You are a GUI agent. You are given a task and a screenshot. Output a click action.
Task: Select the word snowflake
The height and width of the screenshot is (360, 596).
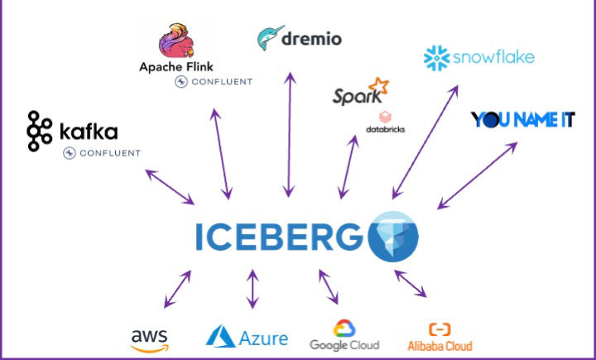coord(493,57)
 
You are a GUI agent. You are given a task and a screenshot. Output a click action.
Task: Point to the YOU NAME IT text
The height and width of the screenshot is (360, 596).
coord(522,120)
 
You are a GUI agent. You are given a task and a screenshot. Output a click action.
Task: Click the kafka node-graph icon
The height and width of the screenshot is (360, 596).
coord(39,130)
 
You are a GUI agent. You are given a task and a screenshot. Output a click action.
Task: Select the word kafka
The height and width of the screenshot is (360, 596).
coord(89,132)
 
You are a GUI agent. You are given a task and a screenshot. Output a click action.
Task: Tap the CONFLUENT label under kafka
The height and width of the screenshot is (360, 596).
coord(103,153)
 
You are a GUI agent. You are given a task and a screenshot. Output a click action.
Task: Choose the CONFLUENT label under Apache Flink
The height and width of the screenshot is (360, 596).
coord(214,81)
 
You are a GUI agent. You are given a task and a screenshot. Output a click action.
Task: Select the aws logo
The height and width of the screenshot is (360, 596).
coord(149,338)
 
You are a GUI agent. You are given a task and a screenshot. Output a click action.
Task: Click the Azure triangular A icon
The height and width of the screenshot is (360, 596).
coord(220,335)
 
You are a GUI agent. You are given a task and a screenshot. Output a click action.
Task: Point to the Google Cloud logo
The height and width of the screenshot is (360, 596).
coord(344,335)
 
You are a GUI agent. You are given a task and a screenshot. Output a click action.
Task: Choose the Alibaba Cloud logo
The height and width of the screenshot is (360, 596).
coord(440,337)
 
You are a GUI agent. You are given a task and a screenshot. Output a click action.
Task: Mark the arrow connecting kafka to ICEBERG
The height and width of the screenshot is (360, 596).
coord(170,187)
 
